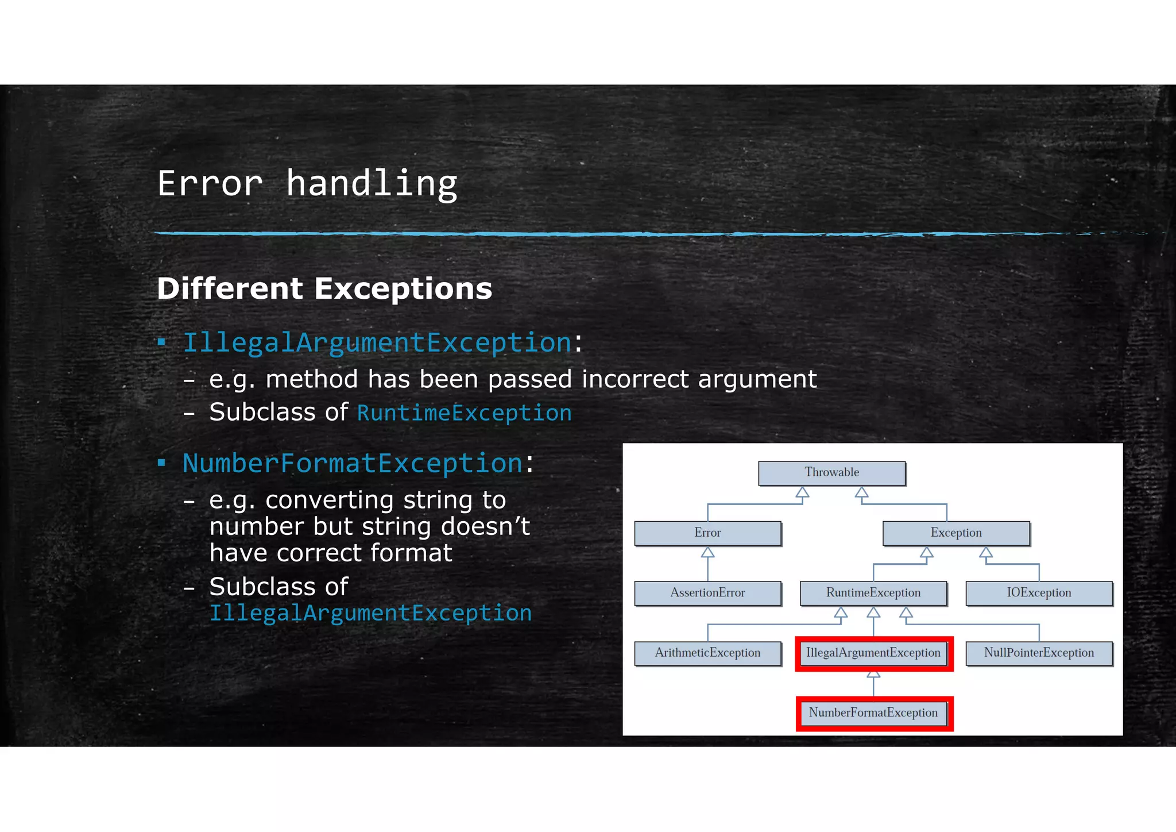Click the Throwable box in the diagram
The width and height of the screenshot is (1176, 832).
tap(831, 473)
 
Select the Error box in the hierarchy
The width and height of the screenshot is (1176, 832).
tap(707, 533)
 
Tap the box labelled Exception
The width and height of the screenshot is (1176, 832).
tap(956, 533)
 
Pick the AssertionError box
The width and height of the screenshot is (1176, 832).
tap(707, 593)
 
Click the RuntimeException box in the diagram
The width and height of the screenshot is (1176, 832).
tap(873, 593)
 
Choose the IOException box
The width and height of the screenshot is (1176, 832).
tap(1039, 593)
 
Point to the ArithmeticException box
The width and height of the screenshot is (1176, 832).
tap(707, 653)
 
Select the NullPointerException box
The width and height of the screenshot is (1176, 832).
tap(1039, 653)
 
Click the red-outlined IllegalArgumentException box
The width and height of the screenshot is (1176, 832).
tap(873, 653)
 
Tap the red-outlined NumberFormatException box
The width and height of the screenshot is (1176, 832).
tap(873, 713)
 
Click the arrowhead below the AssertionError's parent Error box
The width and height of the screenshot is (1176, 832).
tap(707, 553)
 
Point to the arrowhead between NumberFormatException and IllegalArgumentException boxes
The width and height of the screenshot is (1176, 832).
tap(873, 675)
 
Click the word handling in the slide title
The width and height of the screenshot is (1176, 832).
tap(372, 184)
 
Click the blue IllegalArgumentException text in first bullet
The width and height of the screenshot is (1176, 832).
tap(377, 343)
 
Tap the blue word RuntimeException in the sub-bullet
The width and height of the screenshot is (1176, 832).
tap(464, 413)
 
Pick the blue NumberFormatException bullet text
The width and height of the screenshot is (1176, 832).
tap(352, 464)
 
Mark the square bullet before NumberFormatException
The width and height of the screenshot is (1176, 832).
tap(162, 463)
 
